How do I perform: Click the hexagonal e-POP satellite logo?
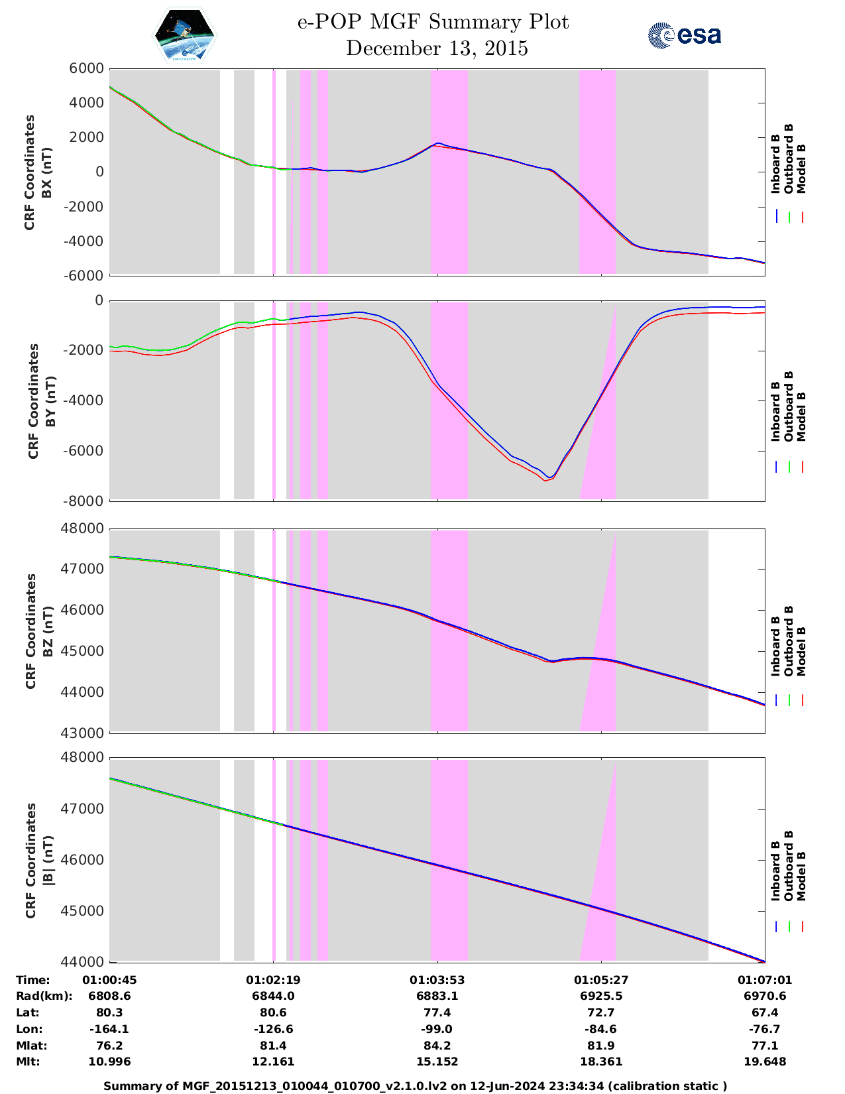[185, 35]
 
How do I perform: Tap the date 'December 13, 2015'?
[437, 48]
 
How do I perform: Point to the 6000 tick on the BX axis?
[86, 68]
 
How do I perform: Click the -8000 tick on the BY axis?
[83, 501]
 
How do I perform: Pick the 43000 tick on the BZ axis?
[82, 733]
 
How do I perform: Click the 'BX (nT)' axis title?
[47, 172]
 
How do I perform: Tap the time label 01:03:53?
[437, 980]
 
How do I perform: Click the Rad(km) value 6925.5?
[601, 996]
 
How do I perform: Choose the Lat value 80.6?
[273, 1012]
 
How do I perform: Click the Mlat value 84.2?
[437, 1046]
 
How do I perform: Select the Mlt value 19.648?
[764, 1062]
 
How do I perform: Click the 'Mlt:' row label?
[28, 1062]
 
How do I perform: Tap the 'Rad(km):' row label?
[44, 997]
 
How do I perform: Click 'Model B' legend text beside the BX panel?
[801, 169]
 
